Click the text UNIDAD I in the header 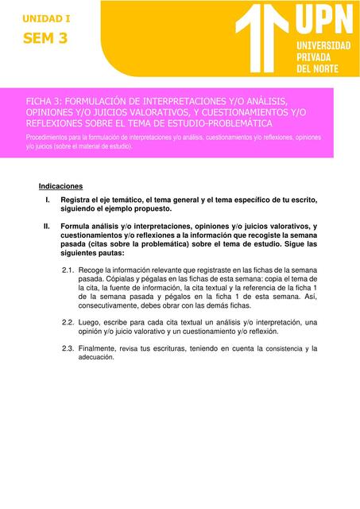[46, 17]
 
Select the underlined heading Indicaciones [60, 186]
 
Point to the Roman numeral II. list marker [46, 226]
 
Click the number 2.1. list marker [68, 270]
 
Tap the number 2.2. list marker [68, 322]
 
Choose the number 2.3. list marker [68, 348]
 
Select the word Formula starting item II [76, 226]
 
